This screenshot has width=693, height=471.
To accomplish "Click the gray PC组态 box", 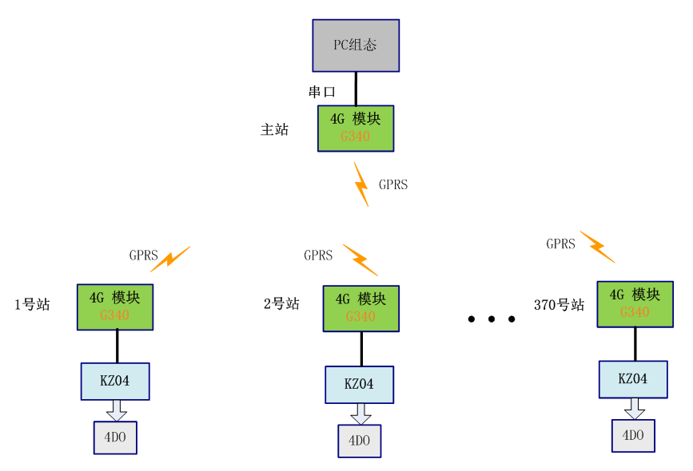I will (x=355, y=45).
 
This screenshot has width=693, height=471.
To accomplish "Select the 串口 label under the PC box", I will (x=322, y=92).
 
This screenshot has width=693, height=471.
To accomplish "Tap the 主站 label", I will (x=274, y=129).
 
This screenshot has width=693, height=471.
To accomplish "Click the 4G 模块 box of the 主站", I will (x=355, y=128).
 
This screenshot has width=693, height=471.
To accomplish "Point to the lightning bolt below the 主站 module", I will (x=361, y=184).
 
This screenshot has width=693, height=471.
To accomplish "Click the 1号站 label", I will (x=32, y=304).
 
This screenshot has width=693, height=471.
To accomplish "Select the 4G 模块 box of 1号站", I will (x=114, y=307).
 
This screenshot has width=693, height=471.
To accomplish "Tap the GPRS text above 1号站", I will (x=144, y=256).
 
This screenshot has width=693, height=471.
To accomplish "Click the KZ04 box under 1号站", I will (x=115, y=381).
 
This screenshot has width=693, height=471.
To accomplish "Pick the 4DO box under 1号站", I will (x=115, y=437).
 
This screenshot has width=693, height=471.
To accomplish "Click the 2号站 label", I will (x=281, y=304).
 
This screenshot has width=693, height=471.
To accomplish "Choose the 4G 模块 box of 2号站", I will (x=360, y=308).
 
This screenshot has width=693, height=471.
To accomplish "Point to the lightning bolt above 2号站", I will (x=360, y=259).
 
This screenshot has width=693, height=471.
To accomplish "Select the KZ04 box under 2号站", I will (x=359, y=384).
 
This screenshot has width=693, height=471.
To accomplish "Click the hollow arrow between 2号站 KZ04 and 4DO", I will (x=360, y=414).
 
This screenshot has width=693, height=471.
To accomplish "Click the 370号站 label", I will (x=559, y=305).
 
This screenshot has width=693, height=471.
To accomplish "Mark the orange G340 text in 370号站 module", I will (x=635, y=312).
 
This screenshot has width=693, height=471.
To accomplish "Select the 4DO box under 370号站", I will (x=633, y=436).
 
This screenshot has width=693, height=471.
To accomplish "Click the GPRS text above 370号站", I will (x=560, y=244).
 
